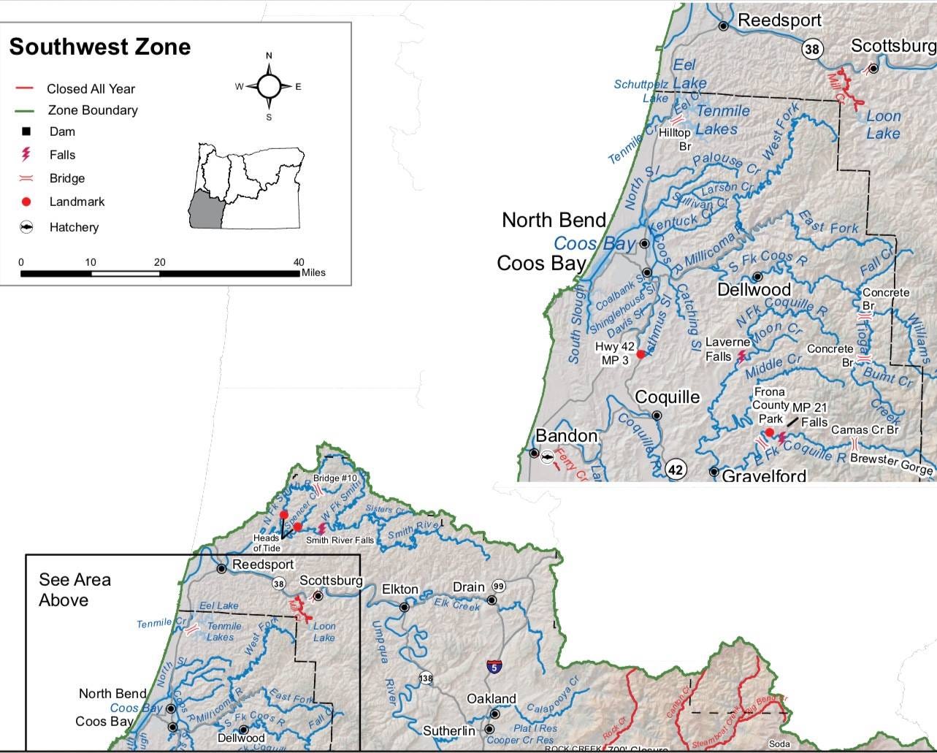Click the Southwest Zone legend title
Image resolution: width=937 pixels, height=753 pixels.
click(99, 47)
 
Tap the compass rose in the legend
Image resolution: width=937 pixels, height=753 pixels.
click(269, 86)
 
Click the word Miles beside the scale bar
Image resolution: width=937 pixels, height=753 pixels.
click(313, 272)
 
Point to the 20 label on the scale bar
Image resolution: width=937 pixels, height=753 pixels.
click(159, 262)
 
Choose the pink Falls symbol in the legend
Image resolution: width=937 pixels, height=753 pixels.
click(26, 155)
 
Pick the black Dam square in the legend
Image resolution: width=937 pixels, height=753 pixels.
click(26, 131)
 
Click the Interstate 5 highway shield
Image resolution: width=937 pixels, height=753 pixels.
click(494, 666)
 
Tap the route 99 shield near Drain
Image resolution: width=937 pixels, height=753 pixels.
click(499, 586)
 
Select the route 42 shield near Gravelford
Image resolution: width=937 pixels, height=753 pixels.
click(676, 470)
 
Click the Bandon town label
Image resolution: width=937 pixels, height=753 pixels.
click(566, 436)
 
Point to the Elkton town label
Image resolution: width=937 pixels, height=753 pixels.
click(400, 589)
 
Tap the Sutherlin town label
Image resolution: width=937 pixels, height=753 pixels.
click(448, 730)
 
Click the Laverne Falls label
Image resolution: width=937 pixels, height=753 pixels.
click(727, 349)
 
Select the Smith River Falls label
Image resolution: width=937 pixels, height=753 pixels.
click(340, 540)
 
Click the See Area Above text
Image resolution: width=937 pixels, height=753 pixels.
click(74, 589)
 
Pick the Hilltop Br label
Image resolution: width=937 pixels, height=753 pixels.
click(675, 139)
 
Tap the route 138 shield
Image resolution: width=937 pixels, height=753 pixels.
click(426, 679)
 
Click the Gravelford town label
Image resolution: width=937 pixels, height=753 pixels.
click(764, 476)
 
